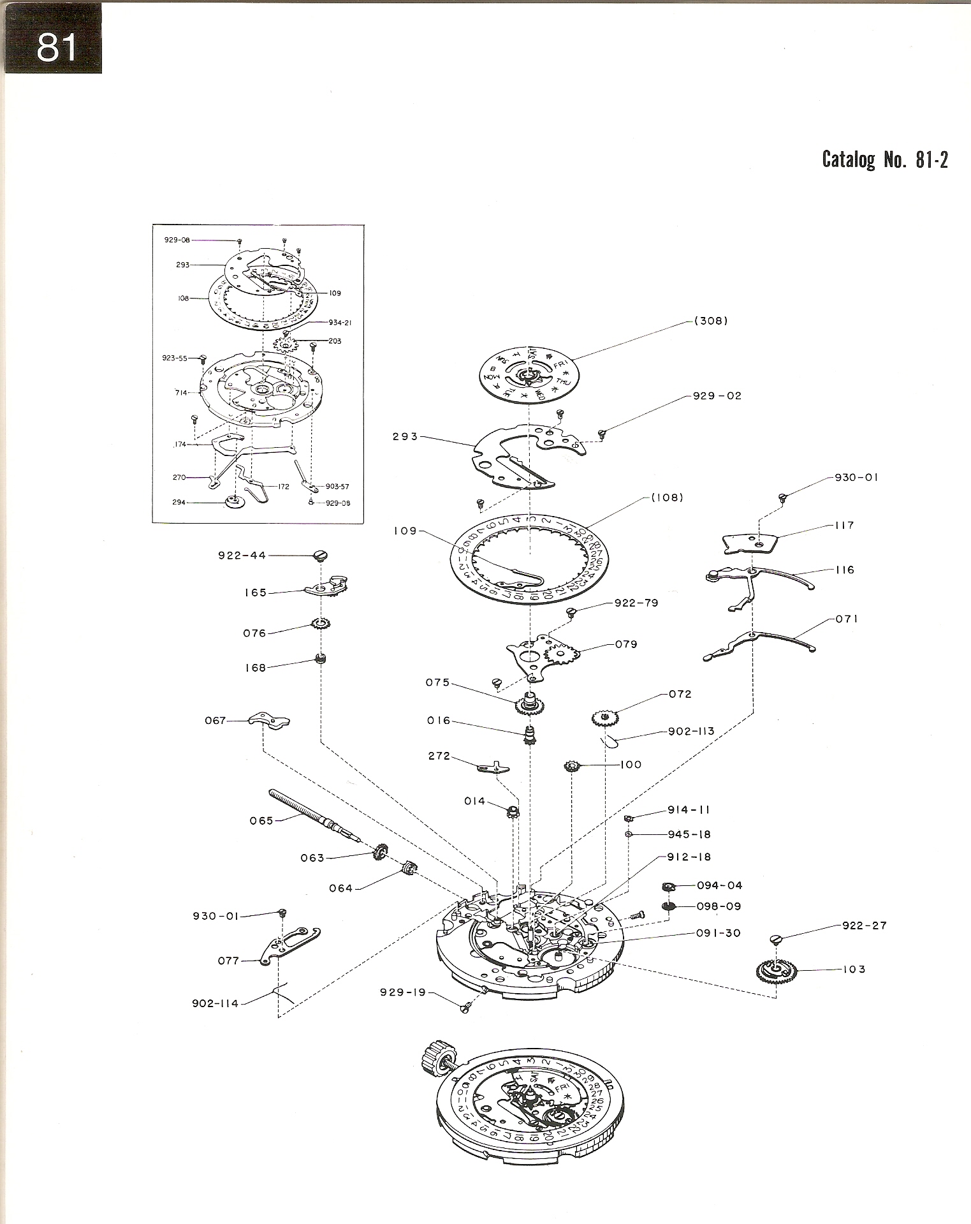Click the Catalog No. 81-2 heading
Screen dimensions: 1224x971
pyautogui.click(x=884, y=159)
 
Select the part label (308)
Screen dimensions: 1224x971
pyautogui.click(x=711, y=321)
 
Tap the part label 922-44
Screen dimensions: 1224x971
pyautogui.click(x=242, y=556)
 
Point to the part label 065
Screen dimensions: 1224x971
pyautogui.click(x=261, y=821)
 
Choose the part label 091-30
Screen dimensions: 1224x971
pyautogui.click(x=718, y=933)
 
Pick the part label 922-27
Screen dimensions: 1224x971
pyautogui.click(x=864, y=925)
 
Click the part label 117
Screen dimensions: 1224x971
pyautogui.click(x=844, y=526)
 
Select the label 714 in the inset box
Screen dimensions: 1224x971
pyautogui.click(x=182, y=393)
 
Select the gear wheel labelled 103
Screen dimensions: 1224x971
pyautogui.click(x=776, y=971)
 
